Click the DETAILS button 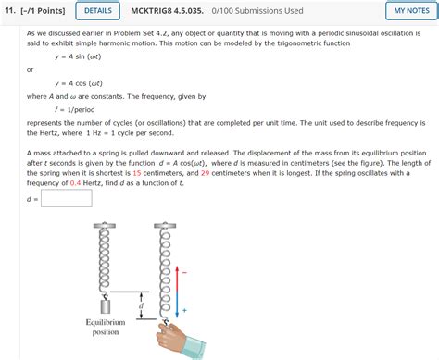point(97,11)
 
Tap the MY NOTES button point(411,11)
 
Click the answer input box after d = point(67,198)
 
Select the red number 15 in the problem point(137,173)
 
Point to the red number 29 point(206,173)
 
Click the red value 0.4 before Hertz point(75,183)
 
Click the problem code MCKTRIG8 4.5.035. point(167,11)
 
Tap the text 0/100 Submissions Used point(257,11)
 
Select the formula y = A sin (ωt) point(78,56)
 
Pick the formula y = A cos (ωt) point(79,83)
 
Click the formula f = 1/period point(75,110)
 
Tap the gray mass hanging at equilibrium point(106,306)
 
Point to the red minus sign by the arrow point(184,273)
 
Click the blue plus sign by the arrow point(184,310)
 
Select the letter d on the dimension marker point(141,305)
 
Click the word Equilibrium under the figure point(106,322)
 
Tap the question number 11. point(9,11)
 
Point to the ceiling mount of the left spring point(105,225)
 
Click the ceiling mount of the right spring point(165,225)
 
